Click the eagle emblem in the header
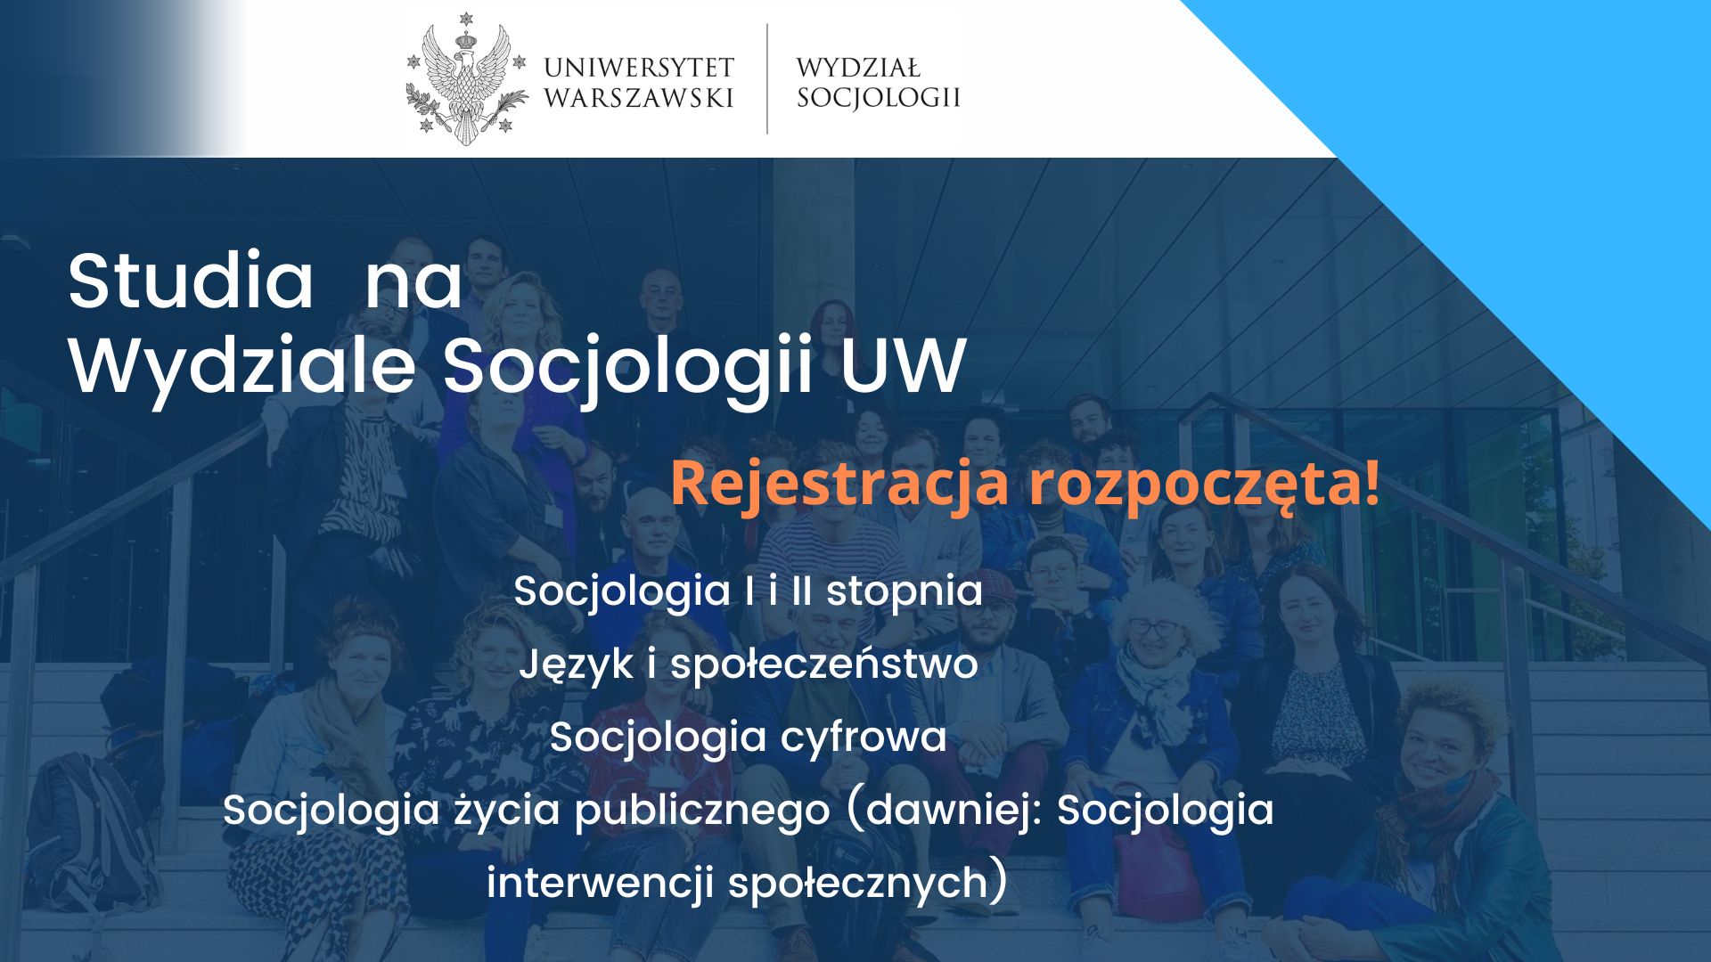[465, 79]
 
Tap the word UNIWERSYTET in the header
[639, 68]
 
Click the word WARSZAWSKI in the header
[639, 98]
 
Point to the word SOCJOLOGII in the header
[879, 98]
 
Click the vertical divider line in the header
[767, 78]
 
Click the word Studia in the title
[191, 281]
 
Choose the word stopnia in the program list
[905, 592]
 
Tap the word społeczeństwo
[824, 665]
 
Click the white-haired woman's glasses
[1154, 628]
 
